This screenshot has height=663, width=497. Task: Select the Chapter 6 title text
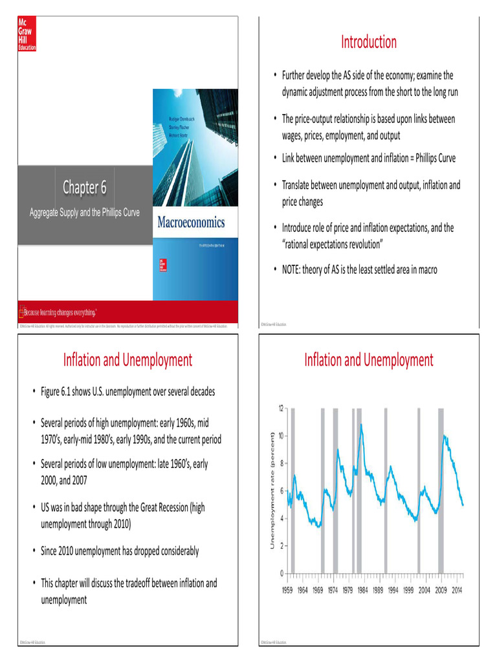pyautogui.click(x=83, y=188)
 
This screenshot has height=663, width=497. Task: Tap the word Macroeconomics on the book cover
pyautogui.click(x=192, y=223)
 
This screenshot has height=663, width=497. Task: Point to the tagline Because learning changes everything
pyautogui.click(x=58, y=311)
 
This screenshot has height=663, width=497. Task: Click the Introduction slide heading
pyautogui.click(x=368, y=42)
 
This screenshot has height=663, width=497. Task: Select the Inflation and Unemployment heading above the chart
pyautogui.click(x=368, y=360)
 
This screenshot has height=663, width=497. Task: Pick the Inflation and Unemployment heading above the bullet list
pyautogui.click(x=127, y=360)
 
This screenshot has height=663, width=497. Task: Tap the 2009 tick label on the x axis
pyautogui.click(x=441, y=590)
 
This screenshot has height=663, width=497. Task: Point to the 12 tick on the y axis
pyautogui.click(x=280, y=409)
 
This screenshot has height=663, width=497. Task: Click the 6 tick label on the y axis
pyautogui.click(x=282, y=491)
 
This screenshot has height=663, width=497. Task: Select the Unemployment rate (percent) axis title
pyautogui.click(x=272, y=490)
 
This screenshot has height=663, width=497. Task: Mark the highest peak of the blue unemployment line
pyautogui.click(x=360, y=425)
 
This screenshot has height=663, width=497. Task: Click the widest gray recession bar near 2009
pyautogui.click(x=441, y=490)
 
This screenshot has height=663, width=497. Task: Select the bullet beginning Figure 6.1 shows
pyautogui.click(x=127, y=392)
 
